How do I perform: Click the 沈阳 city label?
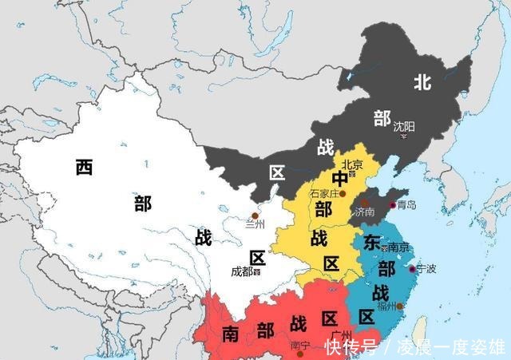[x=404, y=126]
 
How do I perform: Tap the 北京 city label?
[x=352, y=165]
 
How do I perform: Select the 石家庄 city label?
[x=324, y=193]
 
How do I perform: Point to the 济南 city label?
[x=364, y=213]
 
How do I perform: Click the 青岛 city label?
[x=406, y=205]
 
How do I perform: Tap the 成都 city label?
[x=241, y=271]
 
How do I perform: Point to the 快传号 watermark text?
[x=351, y=347]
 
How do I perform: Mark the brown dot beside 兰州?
[x=255, y=216]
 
